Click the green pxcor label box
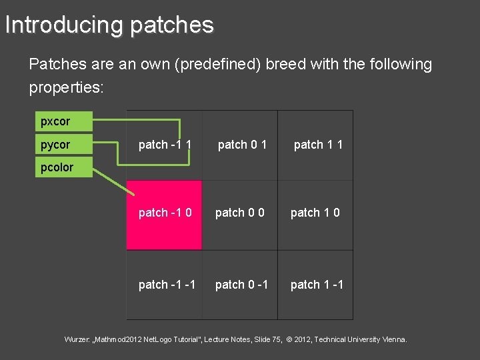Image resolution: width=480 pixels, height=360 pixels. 63,122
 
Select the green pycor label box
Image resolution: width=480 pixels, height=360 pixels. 63,145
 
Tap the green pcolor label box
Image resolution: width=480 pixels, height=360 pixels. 63,167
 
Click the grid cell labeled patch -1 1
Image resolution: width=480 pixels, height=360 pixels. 165,145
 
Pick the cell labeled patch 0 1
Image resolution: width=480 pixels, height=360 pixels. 242,145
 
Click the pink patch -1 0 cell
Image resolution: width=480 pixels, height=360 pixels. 165,213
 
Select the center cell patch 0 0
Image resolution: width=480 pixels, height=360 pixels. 239,213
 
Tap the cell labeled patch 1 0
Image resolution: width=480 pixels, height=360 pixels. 315,213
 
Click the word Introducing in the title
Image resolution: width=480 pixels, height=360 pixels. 63,25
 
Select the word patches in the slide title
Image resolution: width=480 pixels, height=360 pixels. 171,25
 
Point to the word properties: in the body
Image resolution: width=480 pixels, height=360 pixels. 66,88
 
